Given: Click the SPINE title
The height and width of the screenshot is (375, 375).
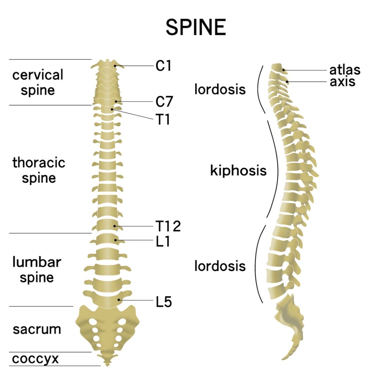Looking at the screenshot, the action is [x=196, y=27].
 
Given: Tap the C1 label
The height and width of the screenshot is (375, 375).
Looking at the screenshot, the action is [x=164, y=66].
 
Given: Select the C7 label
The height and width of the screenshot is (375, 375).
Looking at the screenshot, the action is [x=164, y=102].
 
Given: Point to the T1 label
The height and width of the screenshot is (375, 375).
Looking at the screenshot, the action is [x=163, y=119].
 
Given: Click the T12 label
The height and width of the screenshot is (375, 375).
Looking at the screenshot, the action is [x=168, y=226].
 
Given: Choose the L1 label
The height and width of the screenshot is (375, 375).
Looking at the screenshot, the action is [x=163, y=241].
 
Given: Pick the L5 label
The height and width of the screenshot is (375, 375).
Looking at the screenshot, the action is [x=164, y=302].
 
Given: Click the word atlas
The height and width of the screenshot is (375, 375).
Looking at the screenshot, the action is [x=345, y=70].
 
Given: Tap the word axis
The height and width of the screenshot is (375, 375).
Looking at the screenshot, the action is [x=342, y=81].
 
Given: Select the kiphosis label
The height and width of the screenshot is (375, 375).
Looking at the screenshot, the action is [x=238, y=171].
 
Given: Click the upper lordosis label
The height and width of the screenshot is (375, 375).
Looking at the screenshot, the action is [x=220, y=89].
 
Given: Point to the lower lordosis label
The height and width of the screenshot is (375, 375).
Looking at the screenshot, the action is [x=220, y=266].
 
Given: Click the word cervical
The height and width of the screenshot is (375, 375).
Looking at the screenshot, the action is [x=38, y=75].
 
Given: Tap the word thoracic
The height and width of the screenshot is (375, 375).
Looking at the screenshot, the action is [x=39, y=163].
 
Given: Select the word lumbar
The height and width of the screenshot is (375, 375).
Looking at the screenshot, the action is [x=37, y=262].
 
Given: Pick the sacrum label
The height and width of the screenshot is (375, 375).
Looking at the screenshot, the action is [x=37, y=329].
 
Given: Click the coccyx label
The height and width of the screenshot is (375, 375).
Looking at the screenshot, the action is [x=36, y=359].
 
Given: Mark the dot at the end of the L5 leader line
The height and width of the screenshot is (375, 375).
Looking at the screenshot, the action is [x=119, y=300].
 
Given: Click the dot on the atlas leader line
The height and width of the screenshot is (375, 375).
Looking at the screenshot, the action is [x=283, y=70].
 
